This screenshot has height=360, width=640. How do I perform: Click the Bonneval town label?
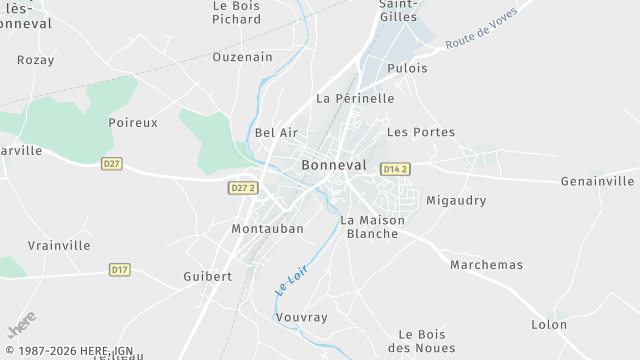333,165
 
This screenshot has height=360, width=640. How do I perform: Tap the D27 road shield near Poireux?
111,164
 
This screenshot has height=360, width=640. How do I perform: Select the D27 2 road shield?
243,188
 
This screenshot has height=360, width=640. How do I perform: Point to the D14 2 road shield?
396,170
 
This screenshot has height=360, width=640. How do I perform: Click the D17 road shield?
119,269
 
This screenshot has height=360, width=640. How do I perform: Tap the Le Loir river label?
290,277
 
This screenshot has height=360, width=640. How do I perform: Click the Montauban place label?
267,229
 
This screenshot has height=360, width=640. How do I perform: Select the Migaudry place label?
456,200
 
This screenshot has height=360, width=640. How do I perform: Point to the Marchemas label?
486,265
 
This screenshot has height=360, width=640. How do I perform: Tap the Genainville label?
597,181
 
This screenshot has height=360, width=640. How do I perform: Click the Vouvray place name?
301,317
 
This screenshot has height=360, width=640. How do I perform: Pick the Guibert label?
208,276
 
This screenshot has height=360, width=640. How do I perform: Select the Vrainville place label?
59,245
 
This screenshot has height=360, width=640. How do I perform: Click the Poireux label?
133,122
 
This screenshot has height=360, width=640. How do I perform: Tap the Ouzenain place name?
242,57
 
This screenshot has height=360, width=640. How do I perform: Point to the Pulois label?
407,68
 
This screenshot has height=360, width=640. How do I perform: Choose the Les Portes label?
420,132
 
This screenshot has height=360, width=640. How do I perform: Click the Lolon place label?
549,324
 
